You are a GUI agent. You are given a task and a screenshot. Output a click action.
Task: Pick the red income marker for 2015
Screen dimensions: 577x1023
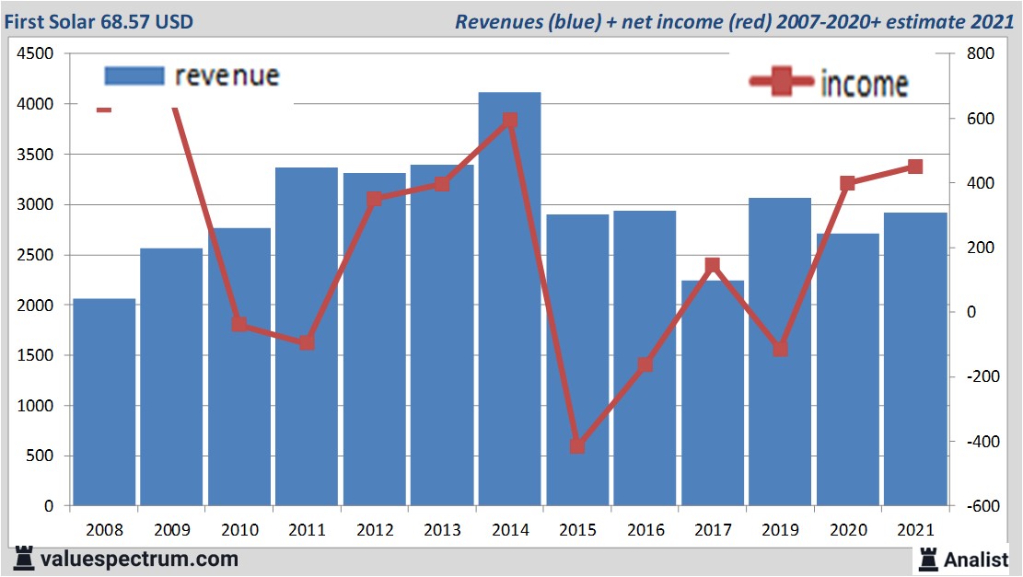[x=577, y=445]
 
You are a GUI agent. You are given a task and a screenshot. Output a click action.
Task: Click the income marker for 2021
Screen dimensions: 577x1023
[x=915, y=167]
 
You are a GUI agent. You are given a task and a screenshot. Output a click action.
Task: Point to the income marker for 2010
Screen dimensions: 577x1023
[x=239, y=324]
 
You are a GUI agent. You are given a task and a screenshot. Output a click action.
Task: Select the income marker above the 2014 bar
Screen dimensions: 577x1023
[x=510, y=120]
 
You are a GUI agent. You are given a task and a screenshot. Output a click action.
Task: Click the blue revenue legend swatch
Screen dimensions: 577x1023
[x=134, y=75]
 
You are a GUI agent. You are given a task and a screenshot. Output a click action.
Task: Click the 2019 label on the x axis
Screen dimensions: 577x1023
[x=780, y=531]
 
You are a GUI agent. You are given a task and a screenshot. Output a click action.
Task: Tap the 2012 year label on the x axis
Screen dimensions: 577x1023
[x=375, y=531]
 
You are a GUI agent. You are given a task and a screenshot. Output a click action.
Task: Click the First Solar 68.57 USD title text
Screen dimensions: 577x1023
[x=98, y=20]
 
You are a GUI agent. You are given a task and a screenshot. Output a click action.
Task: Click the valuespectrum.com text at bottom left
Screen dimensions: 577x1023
[x=138, y=559]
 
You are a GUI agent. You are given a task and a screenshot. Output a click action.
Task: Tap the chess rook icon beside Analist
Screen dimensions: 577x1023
[x=927, y=558]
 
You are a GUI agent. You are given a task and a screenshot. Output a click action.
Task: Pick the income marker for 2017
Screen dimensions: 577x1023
[x=712, y=266]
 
